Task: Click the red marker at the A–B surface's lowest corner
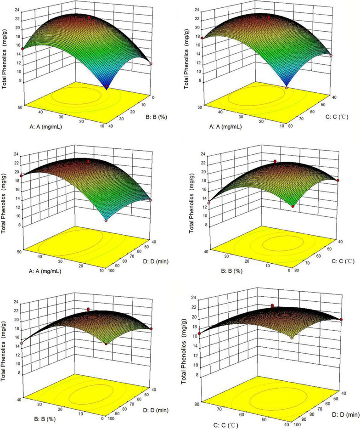(107, 86)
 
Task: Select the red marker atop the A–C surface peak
(269, 17)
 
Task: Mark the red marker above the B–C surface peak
(275, 161)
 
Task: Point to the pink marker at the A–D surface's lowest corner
(106, 220)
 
